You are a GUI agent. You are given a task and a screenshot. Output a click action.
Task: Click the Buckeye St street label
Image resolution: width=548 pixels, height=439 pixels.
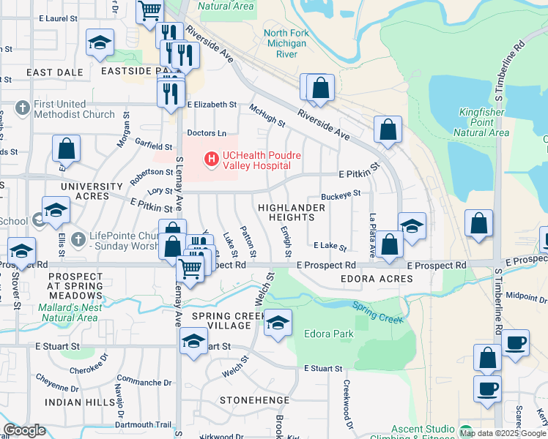[x=342, y=195]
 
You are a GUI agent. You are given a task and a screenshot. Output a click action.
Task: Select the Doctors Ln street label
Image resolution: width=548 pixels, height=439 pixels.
[x=207, y=133]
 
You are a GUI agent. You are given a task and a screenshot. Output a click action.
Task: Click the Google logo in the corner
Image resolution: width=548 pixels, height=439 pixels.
[x=24, y=430]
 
